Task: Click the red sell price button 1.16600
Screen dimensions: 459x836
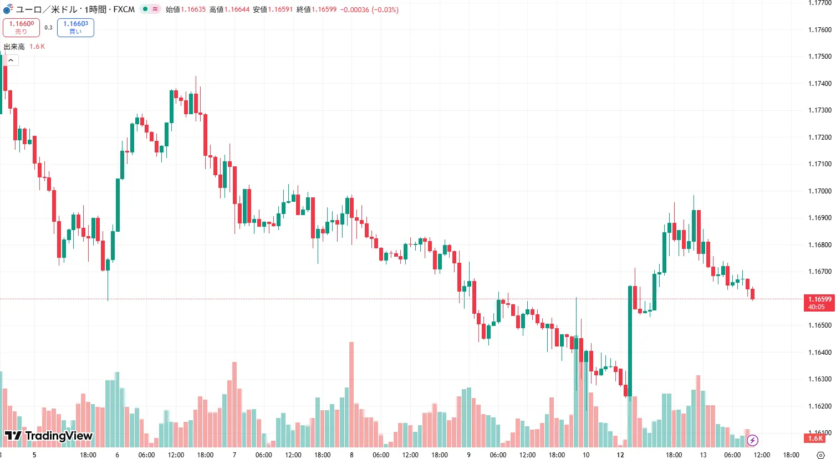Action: point(21,27)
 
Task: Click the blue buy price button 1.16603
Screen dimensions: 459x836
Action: point(75,27)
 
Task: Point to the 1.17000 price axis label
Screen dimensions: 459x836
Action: point(819,191)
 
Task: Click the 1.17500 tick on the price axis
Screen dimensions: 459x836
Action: point(819,57)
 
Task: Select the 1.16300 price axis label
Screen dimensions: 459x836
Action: point(819,379)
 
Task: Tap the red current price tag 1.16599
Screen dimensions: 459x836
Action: point(819,303)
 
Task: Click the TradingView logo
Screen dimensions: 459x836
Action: point(49,436)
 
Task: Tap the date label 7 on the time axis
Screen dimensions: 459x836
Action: point(235,455)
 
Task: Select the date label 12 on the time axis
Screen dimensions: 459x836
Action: point(620,455)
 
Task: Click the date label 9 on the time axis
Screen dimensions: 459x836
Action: point(468,455)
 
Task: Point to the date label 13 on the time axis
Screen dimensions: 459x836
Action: point(703,455)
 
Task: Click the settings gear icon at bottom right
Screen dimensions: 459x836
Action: point(821,455)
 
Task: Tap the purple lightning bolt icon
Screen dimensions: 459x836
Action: point(752,441)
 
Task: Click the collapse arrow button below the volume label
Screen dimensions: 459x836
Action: point(11,60)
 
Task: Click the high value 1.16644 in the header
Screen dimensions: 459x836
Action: point(237,9)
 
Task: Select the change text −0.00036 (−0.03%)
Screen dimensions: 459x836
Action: point(369,9)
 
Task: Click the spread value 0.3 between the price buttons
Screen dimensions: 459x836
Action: point(48,28)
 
